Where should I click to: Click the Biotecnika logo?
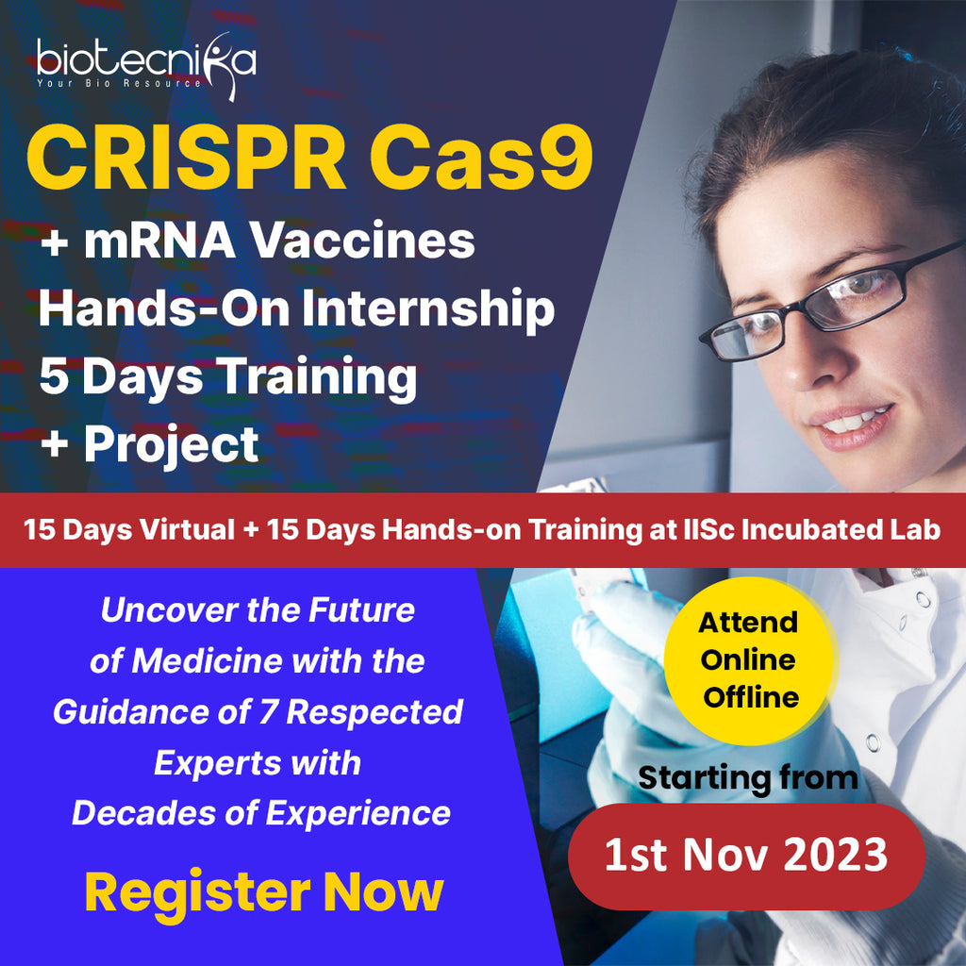tap(146, 61)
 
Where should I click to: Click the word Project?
tap(171, 443)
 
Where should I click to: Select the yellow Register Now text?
tap(263, 891)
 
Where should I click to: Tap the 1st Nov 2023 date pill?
tap(745, 856)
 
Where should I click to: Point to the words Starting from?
tap(748, 778)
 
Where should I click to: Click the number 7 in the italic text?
tap(271, 712)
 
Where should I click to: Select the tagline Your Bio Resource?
tap(118, 83)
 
